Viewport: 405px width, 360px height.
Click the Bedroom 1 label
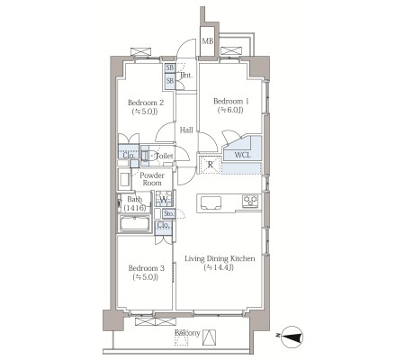click(231, 101)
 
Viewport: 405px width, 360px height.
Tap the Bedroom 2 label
click(146, 103)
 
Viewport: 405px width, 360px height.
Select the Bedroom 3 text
click(146, 268)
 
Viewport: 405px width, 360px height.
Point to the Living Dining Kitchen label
click(220, 258)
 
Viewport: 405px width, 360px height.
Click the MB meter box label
click(207, 40)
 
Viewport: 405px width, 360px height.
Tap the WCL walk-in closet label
click(243, 155)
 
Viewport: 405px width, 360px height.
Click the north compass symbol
click(292, 337)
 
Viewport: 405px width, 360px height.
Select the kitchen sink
click(211, 202)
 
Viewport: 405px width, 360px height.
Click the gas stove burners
click(250, 202)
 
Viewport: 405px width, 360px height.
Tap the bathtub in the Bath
click(135, 223)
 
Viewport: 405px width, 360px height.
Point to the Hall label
click(186, 130)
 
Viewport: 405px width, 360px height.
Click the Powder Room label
click(152, 179)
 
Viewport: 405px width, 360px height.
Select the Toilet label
click(165, 156)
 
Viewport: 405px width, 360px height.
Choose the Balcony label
click(187, 333)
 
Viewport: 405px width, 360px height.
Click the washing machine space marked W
click(164, 199)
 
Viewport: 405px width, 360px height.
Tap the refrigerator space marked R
click(211, 164)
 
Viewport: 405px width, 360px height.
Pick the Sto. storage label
click(168, 213)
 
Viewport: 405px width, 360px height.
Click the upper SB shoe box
click(170, 67)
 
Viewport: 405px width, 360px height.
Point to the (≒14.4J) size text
click(219, 267)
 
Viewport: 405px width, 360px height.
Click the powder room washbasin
click(124, 179)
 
